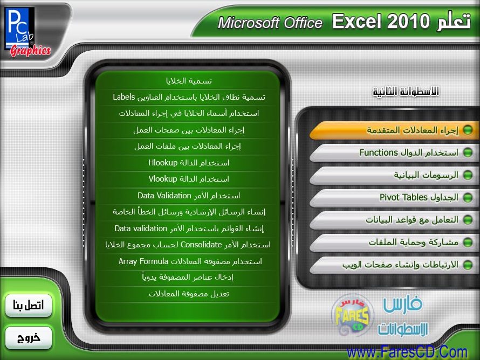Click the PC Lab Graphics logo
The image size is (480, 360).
coord(28,32)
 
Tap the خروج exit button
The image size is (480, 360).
coord(29,338)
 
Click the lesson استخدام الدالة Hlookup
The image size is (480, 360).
coord(189,163)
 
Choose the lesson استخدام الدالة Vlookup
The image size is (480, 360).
coord(189,179)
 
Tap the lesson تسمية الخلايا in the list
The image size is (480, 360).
coord(189,81)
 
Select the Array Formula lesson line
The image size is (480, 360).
coord(190,261)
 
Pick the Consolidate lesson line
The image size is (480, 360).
coord(188,245)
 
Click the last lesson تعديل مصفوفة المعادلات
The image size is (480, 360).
coord(189,294)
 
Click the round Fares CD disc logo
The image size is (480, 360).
coord(353,316)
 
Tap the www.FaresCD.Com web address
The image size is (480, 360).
coord(407,352)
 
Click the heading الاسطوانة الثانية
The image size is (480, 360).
coord(406,92)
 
